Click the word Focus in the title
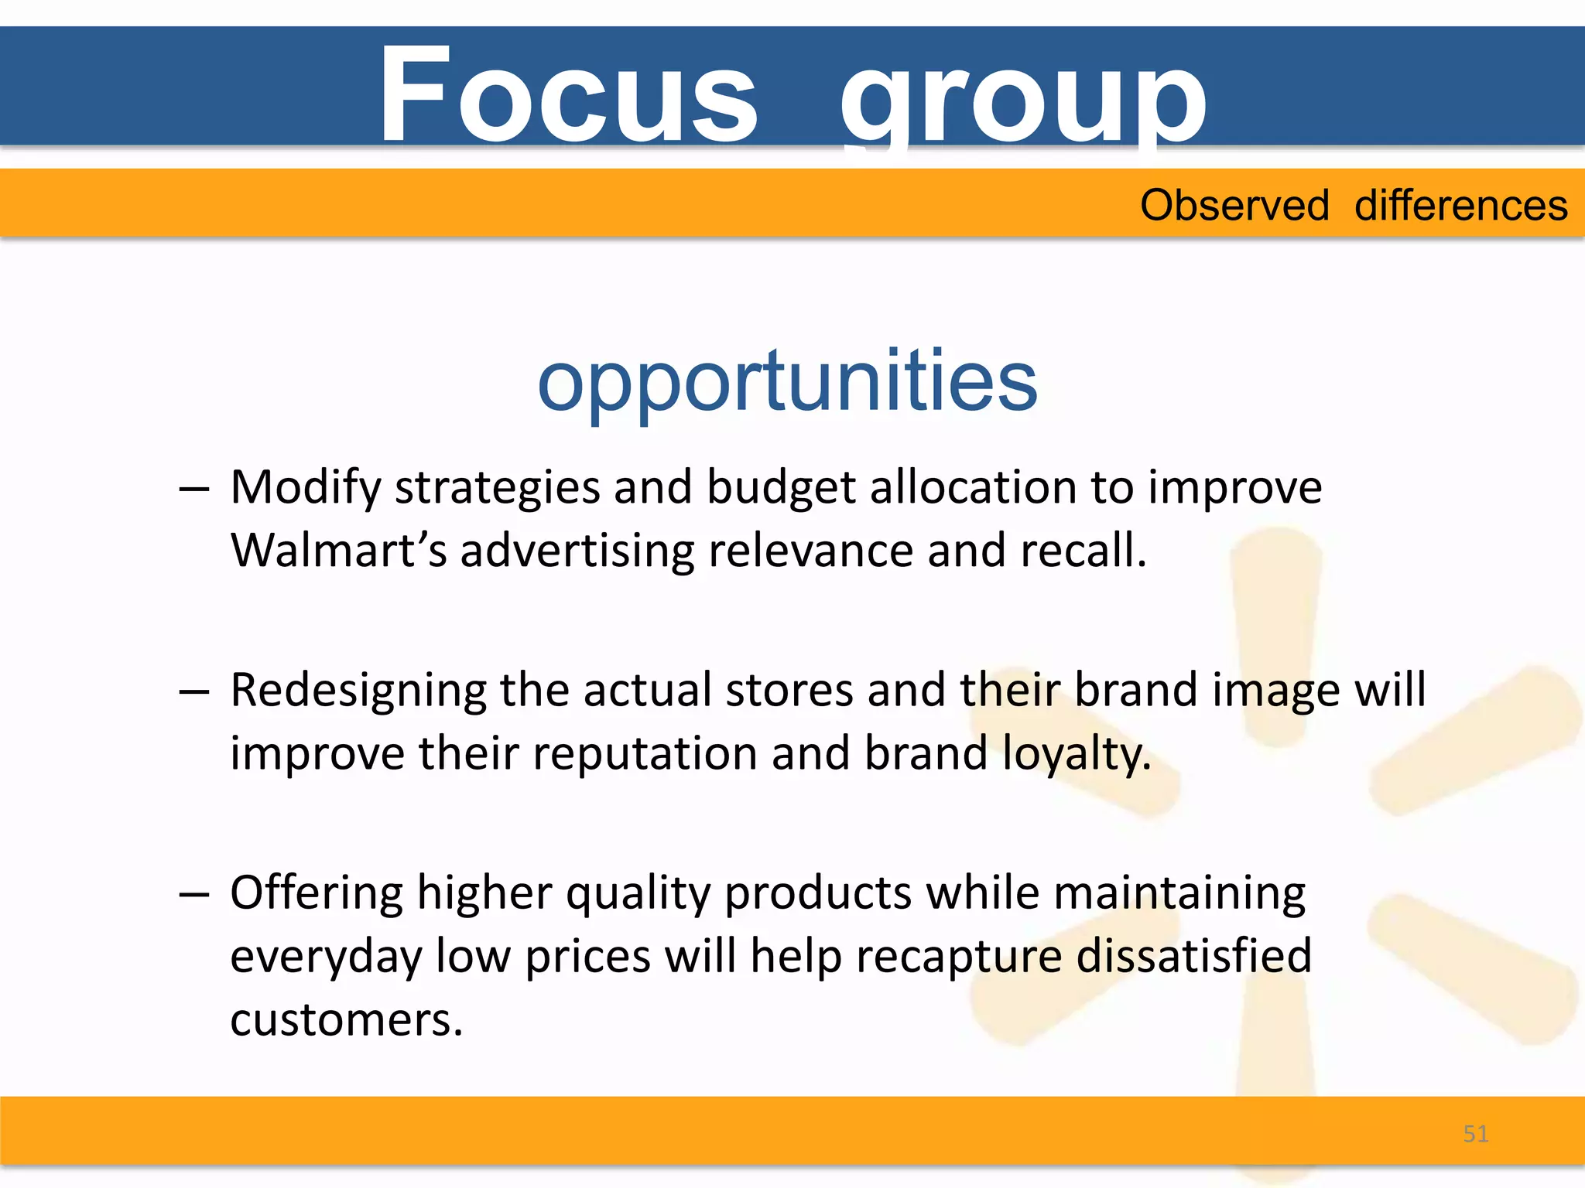[x=567, y=95]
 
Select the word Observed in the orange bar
[x=1234, y=206]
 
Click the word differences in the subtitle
[x=1461, y=206]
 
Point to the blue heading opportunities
[x=787, y=381]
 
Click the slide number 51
[x=1476, y=1134]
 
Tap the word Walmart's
[x=339, y=551]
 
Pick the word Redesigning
[x=358, y=691]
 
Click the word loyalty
[x=1077, y=754]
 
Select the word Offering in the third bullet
[x=317, y=893]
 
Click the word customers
[x=346, y=1019]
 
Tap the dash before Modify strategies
[x=193, y=490]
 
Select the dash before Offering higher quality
[x=193, y=895]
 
